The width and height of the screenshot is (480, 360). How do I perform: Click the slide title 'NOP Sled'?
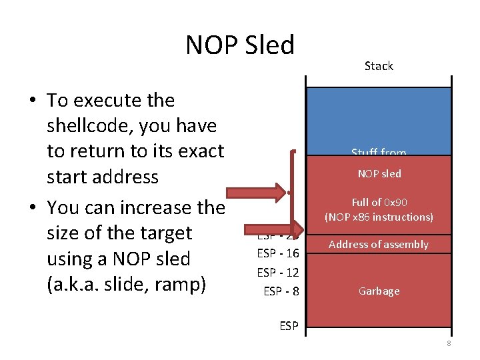(x=240, y=45)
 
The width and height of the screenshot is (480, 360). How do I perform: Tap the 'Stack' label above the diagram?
(x=379, y=66)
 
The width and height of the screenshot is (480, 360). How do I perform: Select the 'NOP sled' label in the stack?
(x=379, y=174)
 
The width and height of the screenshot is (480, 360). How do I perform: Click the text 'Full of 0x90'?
(x=379, y=202)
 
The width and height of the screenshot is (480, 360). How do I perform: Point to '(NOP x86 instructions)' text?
(x=379, y=217)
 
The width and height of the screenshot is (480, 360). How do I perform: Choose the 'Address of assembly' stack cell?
(x=379, y=245)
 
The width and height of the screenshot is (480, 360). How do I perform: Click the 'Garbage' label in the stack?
(x=379, y=291)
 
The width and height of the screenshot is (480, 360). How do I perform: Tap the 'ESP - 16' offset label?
(x=278, y=253)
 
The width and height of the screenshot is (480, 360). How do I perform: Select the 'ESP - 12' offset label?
(x=278, y=272)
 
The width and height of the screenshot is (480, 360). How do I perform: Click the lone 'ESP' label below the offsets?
(x=288, y=327)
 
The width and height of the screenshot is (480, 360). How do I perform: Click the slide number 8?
(x=449, y=343)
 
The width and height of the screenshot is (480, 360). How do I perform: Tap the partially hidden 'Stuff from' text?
(x=379, y=153)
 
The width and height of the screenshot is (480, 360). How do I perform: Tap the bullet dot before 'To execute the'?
(x=32, y=101)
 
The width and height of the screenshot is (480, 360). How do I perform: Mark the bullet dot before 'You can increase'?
(x=32, y=209)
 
